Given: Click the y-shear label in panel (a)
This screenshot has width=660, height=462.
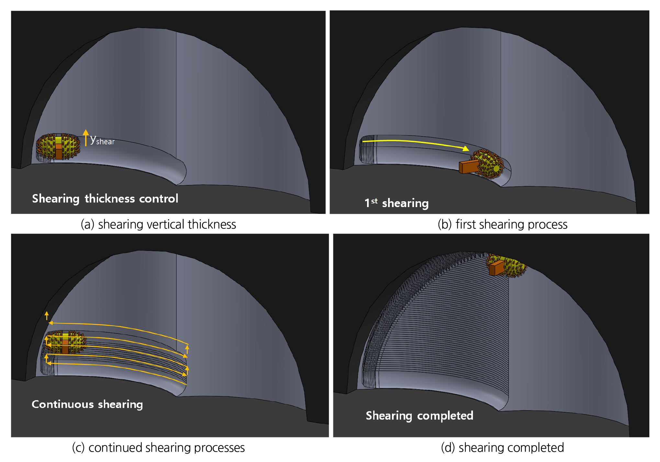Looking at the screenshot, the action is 102,140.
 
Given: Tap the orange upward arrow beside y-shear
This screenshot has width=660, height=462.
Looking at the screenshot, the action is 86,137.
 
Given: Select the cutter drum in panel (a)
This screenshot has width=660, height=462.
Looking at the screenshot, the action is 58,147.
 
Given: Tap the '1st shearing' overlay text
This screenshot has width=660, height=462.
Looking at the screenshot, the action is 397,203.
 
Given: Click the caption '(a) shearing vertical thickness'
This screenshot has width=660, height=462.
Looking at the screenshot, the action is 158,224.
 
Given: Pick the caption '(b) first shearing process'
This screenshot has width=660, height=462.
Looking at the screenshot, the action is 502,224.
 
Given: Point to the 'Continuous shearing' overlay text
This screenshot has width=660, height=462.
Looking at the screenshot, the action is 87,404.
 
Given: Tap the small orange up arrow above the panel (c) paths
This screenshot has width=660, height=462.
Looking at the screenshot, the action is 47,315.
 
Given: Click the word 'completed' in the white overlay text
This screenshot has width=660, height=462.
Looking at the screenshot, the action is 445,416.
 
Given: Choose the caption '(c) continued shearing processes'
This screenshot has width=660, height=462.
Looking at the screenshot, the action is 158,448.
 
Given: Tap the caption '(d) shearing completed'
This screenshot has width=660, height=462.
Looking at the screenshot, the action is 502,448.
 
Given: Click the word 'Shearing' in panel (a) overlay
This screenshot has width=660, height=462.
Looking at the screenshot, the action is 56,199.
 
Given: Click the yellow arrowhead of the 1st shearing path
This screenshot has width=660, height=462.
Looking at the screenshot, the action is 466,148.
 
